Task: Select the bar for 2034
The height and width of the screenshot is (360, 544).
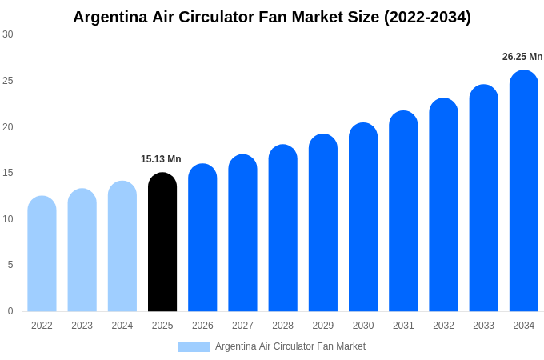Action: pyautogui.click(x=524, y=191)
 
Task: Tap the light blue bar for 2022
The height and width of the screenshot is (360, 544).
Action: pyautogui.click(x=42, y=254)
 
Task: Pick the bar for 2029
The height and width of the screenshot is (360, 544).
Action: pyautogui.click(x=323, y=223)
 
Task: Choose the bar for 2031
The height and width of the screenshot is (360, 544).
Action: pyautogui.click(x=403, y=211)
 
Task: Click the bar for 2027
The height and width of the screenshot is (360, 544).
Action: pyautogui.click(x=242, y=233)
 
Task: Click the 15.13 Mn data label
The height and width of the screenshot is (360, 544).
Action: pyautogui.click(x=161, y=159)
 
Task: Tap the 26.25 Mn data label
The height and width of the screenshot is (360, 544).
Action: pyautogui.click(x=522, y=57)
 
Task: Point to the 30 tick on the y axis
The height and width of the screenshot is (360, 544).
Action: pyautogui.click(x=8, y=34)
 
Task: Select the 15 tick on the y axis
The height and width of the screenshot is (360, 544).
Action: pyautogui.click(x=8, y=173)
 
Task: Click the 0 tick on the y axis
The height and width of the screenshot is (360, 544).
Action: pyautogui.click(x=10, y=311)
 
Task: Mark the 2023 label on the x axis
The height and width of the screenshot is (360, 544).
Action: pyautogui.click(x=82, y=326)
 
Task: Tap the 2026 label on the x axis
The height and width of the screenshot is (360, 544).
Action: pyautogui.click(x=202, y=326)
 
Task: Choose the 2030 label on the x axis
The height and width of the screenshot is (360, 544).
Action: pyautogui.click(x=363, y=326)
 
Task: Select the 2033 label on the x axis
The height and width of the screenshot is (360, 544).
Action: pyautogui.click(x=483, y=326)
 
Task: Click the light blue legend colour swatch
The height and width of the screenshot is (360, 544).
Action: pyautogui.click(x=194, y=347)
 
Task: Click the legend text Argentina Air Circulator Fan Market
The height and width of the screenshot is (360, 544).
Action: pyautogui.click(x=290, y=346)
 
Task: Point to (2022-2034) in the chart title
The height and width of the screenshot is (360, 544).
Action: pyautogui.click(x=427, y=17)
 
